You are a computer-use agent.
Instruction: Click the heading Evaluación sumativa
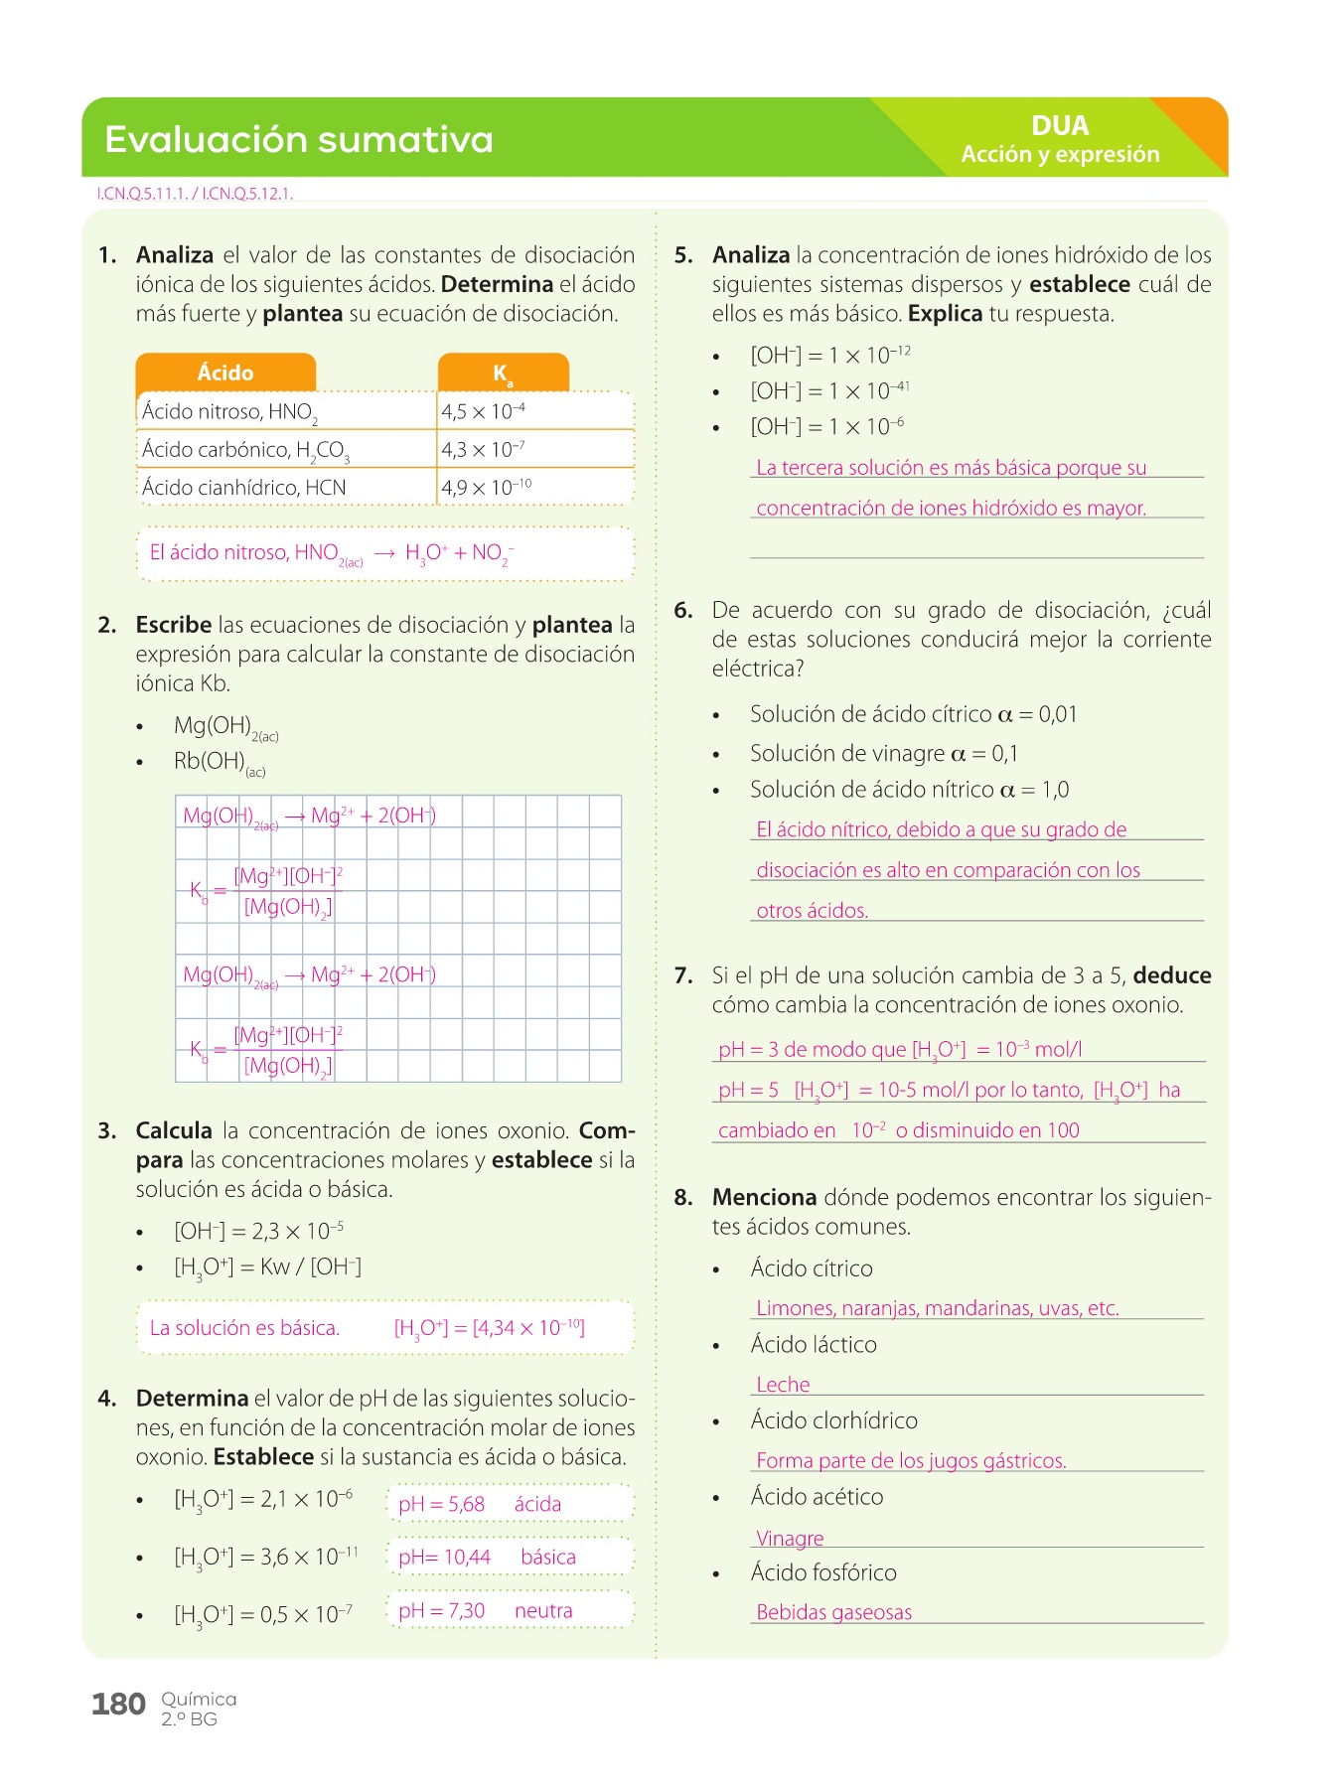298,139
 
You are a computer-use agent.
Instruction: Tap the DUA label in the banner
1060,126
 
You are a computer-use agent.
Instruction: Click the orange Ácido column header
225,372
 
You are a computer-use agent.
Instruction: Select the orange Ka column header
503,373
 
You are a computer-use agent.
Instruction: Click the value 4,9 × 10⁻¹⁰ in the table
486,488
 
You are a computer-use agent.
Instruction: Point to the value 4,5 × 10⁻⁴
483,411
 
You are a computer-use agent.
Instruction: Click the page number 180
118,1705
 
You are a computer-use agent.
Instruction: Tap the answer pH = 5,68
441,1504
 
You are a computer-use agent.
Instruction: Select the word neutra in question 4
543,1610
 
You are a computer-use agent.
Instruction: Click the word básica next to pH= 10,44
548,1557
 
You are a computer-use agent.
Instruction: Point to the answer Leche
783,1385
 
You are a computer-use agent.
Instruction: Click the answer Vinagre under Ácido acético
790,1538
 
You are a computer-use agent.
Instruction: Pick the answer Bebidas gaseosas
833,1612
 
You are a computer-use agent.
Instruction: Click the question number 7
683,975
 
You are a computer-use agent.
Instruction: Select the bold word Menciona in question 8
764,1197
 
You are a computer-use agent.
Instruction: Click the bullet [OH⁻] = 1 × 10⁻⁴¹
829,391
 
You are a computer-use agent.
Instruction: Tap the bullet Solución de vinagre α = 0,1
883,753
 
